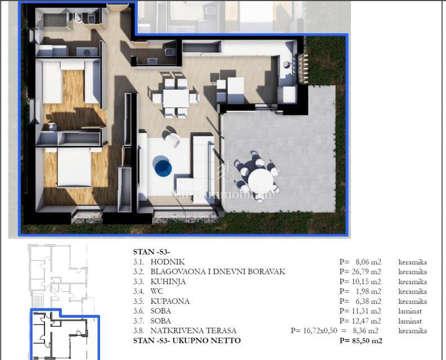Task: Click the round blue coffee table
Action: pos(163,165)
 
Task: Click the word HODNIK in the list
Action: pos(167,262)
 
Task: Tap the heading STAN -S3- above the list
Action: pos(152,251)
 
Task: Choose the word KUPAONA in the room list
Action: pos(170,301)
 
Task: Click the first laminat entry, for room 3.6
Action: pos(410,311)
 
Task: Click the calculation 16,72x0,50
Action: pos(324,331)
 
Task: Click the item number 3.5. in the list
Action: pos(139,301)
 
